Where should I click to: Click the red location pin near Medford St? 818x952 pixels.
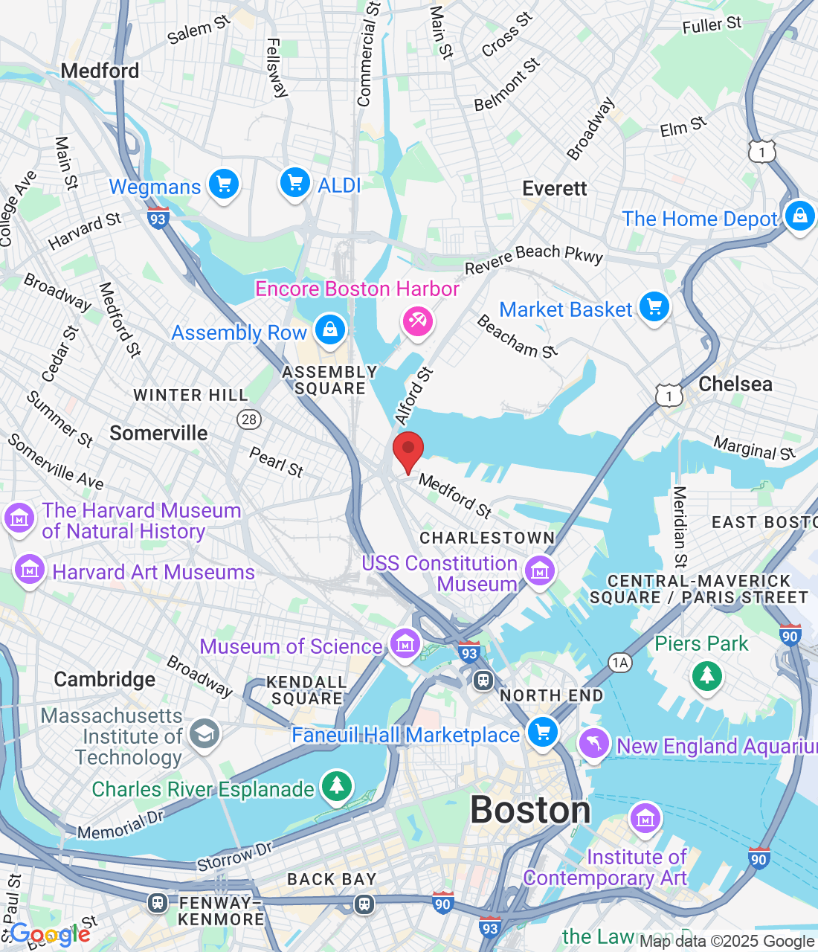pyautogui.click(x=408, y=450)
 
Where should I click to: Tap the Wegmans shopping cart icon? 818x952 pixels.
pyautogui.click(x=223, y=184)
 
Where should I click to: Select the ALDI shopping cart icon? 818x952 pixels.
pyautogui.click(x=294, y=182)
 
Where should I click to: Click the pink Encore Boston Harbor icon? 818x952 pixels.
pyautogui.click(x=417, y=321)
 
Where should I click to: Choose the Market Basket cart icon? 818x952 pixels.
pyautogui.click(x=654, y=306)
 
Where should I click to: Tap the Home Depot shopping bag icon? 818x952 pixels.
pyautogui.click(x=799, y=216)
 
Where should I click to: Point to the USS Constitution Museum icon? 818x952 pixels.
pyautogui.click(x=540, y=572)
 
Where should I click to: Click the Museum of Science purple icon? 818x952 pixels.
pyautogui.click(x=405, y=644)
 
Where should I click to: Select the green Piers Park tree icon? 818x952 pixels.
pyautogui.click(x=706, y=675)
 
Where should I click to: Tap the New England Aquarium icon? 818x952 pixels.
pyautogui.click(x=593, y=744)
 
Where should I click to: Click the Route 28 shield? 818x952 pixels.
pyautogui.click(x=249, y=419)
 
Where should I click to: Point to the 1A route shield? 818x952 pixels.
pyautogui.click(x=619, y=663)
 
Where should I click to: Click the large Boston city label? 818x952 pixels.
pyautogui.click(x=530, y=810)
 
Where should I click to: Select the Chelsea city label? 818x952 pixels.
pyautogui.click(x=735, y=385)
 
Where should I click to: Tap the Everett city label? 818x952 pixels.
pyautogui.click(x=555, y=189)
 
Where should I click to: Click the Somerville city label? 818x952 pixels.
pyautogui.click(x=158, y=434)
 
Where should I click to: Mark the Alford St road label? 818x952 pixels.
pyautogui.click(x=413, y=396)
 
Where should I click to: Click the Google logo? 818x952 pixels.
pyautogui.click(x=50, y=934)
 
